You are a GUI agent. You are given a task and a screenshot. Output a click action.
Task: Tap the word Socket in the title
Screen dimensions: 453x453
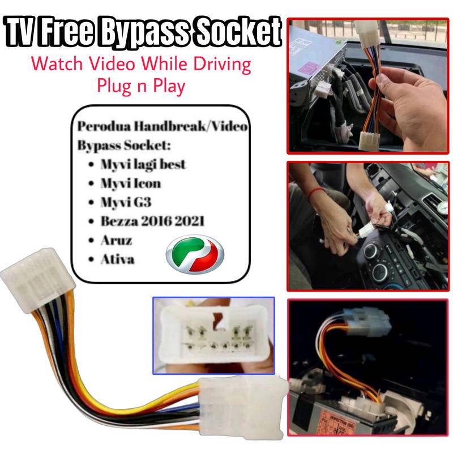click(238, 32)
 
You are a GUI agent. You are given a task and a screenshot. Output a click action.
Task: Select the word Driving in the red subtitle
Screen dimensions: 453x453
click(221, 63)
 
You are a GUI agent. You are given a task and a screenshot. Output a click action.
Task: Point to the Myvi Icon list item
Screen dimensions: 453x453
click(130, 183)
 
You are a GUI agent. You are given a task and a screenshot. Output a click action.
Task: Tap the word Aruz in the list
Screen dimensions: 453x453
click(116, 240)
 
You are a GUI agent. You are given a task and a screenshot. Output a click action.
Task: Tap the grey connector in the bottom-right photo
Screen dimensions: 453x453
click(368, 322)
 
